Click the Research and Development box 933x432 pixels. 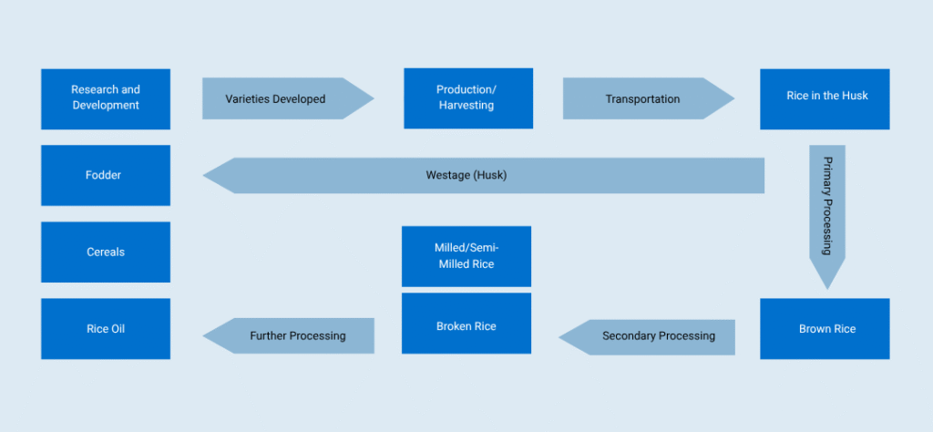pyautogui.click(x=106, y=98)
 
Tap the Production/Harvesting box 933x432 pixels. pyautogui.click(x=468, y=98)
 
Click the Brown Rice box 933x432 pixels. pyautogui.click(x=825, y=329)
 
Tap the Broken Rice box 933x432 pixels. pyautogui.click(x=466, y=325)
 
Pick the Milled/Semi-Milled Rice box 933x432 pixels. pyautogui.click(x=466, y=256)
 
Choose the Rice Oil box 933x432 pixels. pyautogui.click(x=106, y=329)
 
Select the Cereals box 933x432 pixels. pyautogui.click(x=106, y=252)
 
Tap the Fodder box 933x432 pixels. pyautogui.click(x=106, y=175)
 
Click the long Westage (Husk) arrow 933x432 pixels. pyautogui.click(x=483, y=175)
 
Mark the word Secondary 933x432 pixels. pyautogui.click(x=630, y=336)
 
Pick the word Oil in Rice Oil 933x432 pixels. pyautogui.click(x=118, y=329)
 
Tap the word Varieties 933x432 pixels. pyautogui.click(x=250, y=98)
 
